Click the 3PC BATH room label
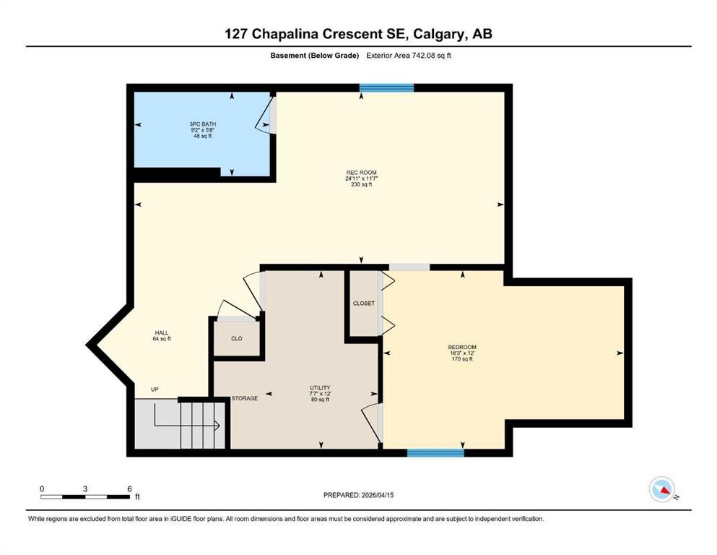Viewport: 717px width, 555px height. [203, 124]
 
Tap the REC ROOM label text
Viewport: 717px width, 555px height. [361, 173]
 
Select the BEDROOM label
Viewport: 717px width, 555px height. [462, 348]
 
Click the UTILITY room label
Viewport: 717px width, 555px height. [320, 388]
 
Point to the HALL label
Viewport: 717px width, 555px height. [162, 332]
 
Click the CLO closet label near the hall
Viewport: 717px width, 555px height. [236, 339]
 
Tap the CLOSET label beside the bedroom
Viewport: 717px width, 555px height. [363, 304]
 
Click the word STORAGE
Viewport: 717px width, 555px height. [245, 398]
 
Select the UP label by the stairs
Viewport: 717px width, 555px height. [155, 390]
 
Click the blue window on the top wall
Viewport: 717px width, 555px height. [386, 88]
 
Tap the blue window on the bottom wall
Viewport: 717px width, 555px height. [436, 453]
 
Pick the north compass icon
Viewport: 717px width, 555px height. [662, 489]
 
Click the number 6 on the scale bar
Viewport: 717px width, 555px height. [130, 489]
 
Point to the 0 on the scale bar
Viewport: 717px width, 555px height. [42, 489]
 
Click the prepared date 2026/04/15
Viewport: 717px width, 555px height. [378, 495]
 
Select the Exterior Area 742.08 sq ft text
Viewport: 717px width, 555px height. [409, 56]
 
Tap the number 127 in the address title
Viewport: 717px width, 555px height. [236, 34]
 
